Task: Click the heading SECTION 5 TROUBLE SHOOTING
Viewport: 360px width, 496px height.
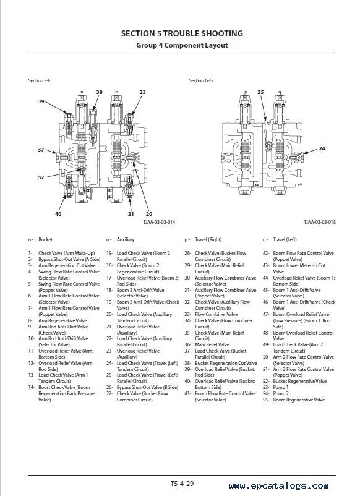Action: [182, 33]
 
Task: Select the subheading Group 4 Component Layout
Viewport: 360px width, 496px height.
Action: [182, 45]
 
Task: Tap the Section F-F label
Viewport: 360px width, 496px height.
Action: [39, 80]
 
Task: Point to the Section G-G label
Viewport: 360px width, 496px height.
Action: [200, 80]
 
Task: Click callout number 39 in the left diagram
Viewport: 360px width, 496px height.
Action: [41, 101]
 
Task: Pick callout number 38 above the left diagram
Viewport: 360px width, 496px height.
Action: [100, 92]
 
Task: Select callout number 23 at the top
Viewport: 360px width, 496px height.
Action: [142, 92]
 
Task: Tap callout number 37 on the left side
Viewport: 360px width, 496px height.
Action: [41, 149]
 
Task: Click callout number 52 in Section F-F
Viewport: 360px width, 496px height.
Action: [41, 177]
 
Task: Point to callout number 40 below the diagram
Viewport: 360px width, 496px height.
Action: [58, 214]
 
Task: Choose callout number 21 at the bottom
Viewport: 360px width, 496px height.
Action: [131, 214]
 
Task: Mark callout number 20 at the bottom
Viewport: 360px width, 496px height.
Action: [149, 214]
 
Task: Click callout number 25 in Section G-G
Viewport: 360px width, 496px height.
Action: [260, 92]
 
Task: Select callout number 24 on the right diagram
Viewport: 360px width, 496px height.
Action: [322, 148]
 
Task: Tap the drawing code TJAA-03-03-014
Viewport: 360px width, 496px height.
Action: [159, 222]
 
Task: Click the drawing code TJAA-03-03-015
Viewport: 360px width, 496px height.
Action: [320, 222]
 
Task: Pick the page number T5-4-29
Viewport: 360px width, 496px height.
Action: [182, 484]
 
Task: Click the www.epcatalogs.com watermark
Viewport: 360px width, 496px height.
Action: [279, 486]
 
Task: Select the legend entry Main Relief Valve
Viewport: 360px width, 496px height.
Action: [212, 345]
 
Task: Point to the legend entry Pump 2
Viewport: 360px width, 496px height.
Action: [281, 393]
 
